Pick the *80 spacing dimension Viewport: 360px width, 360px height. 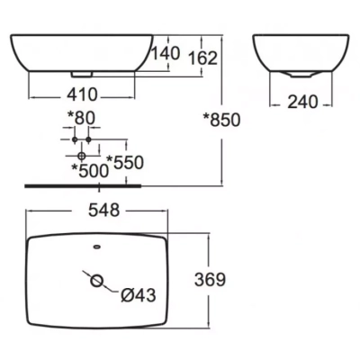(81, 118)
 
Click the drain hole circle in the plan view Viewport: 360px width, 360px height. (98, 281)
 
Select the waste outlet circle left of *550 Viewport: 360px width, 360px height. (82, 156)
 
